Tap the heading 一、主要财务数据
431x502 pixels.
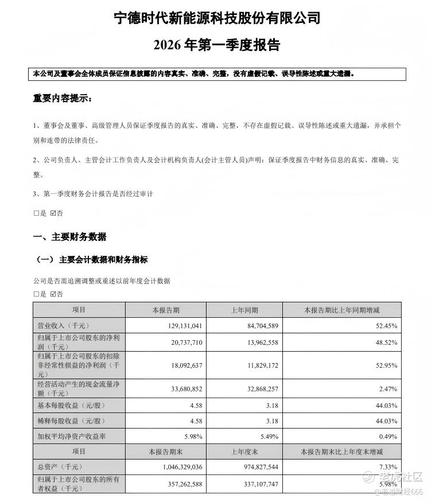[x=69, y=237]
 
